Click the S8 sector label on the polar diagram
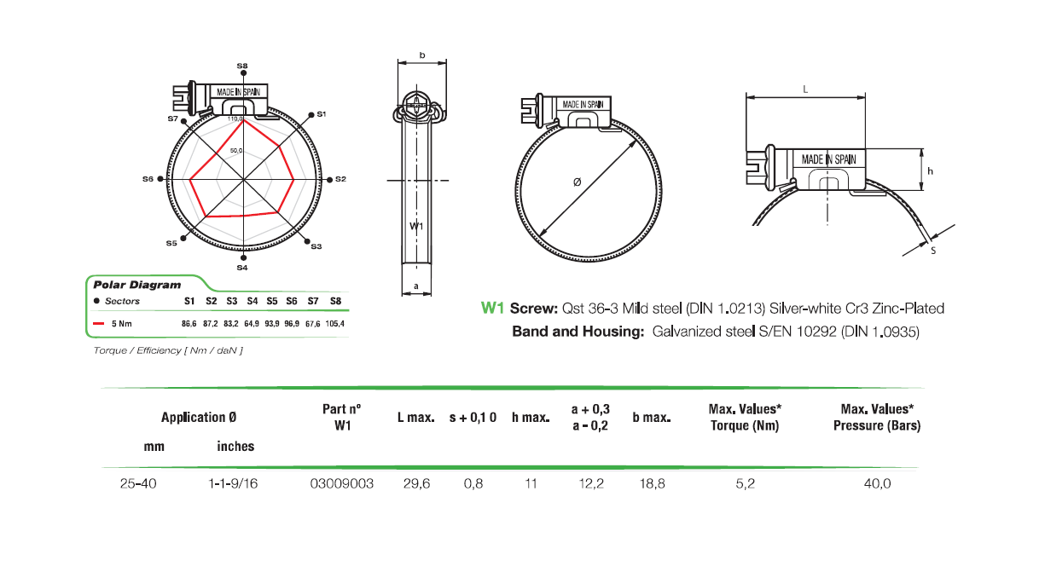pos(242,66)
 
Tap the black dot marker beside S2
pos(329,180)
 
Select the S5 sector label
pos(171,243)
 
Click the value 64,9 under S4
pos(252,324)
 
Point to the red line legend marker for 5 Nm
pos(97,324)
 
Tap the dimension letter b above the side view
pos(422,55)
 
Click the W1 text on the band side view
pos(415,226)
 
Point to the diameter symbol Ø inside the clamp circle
pos(578,182)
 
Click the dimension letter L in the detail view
pos(805,89)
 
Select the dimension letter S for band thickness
pos(933,251)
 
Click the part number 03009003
pos(342,483)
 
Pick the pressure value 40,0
pos(877,483)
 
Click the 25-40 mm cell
pos(138,483)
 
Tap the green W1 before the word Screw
pos(493,309)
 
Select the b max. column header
pos(651,418)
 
